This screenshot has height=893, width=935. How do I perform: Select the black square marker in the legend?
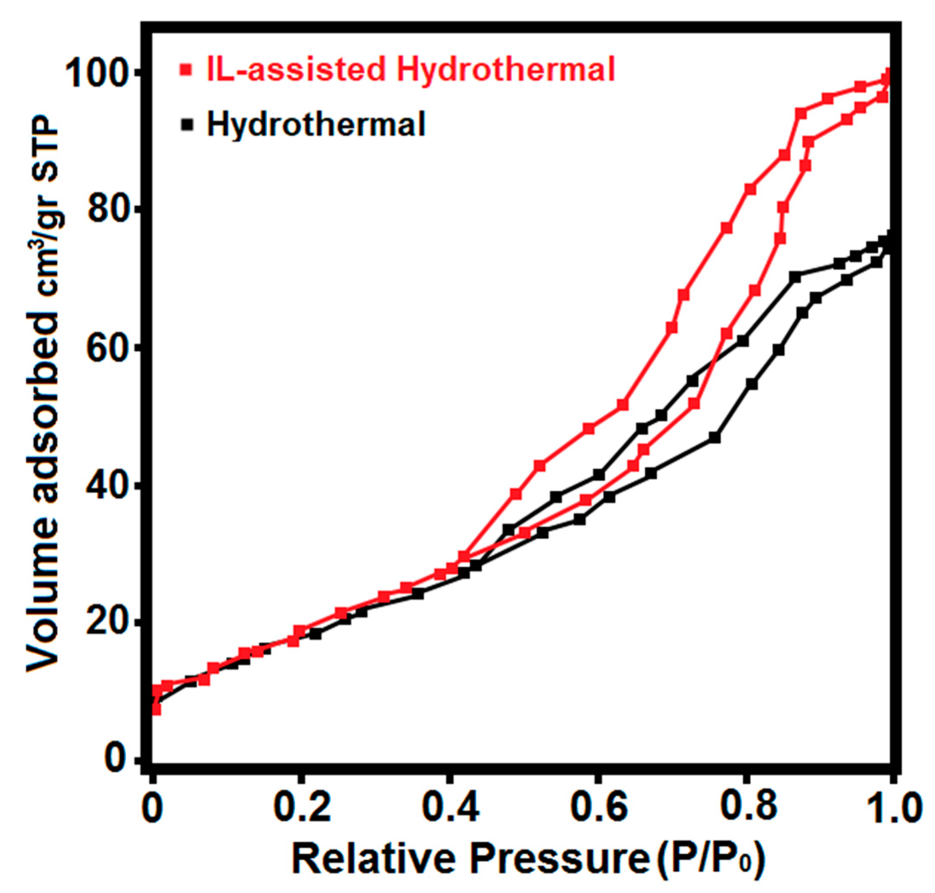pos(188,125)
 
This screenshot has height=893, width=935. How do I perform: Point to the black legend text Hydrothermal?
pos(316,124)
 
